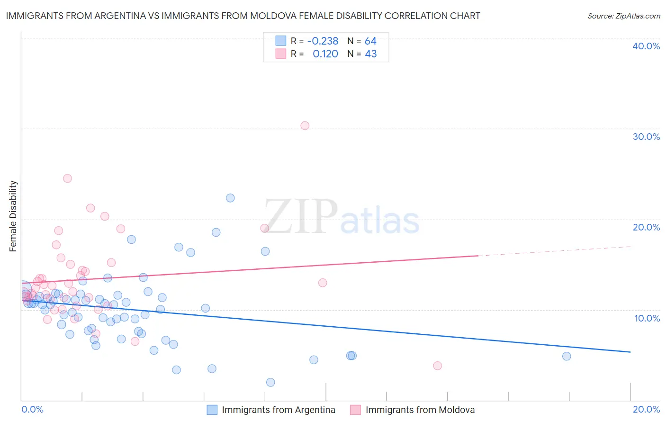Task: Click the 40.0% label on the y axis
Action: pyautogui.click(x=646, y=46)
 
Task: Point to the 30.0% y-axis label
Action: pyautogui.click(x=646, y=137)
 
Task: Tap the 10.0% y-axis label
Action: pyautogui.click(x=647, y=318)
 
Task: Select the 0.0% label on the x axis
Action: pyautogui.click(x=32, y=409)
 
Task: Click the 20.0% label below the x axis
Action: pyautogui.click(x=646, y=409)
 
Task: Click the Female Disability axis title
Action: pyautogui.click(x=13, y=216)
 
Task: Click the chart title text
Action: pyautogui.click(x=243, y=16)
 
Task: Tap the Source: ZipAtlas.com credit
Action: pyautogui.click(x=623, y=16)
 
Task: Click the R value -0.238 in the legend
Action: pyautogui.click(x=323, y=41)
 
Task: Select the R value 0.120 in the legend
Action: pyautogui.click(x=325, y=54)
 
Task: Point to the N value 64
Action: pyautogui.click(x=370, y=41)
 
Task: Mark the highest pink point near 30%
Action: pyautogui.click(x=305, y=126)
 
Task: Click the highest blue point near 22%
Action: pyautogui.click(x=230, y=198)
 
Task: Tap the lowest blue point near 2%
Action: pyautogui.click(x=270, y=382)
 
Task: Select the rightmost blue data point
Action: pyautogui.click(x=567, y=356)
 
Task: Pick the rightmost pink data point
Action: pyautogui.click(x=438, y=366)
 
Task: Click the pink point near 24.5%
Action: pyautogui.click(x=67, y=178)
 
